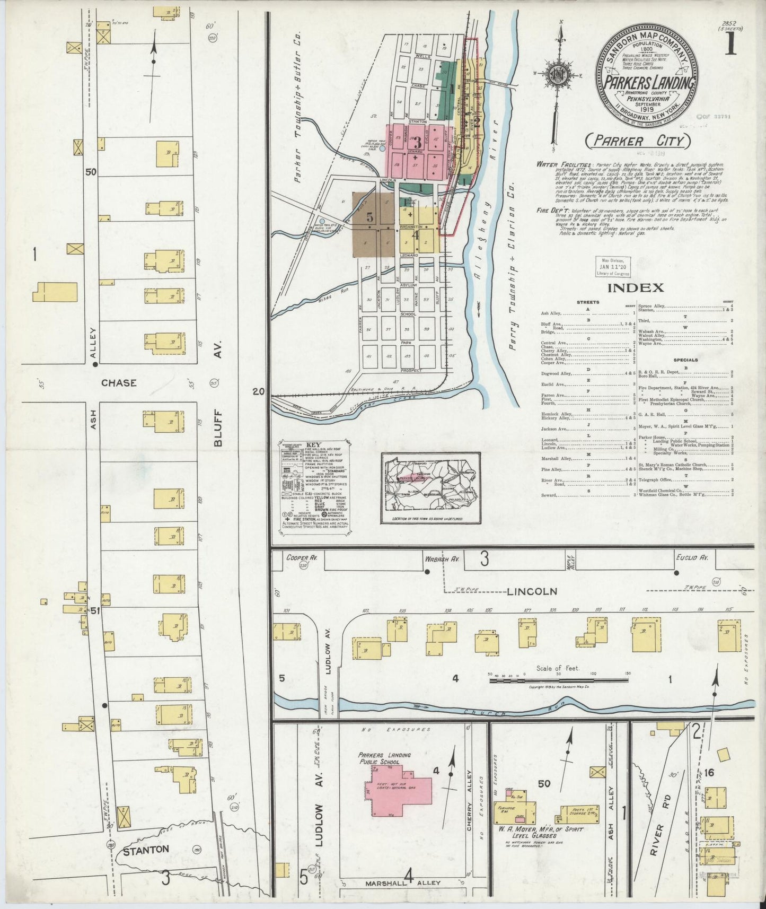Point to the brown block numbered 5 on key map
(x=369, y=217)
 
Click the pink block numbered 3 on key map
(x=417, y=142)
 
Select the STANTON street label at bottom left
(x=146, y=849)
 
